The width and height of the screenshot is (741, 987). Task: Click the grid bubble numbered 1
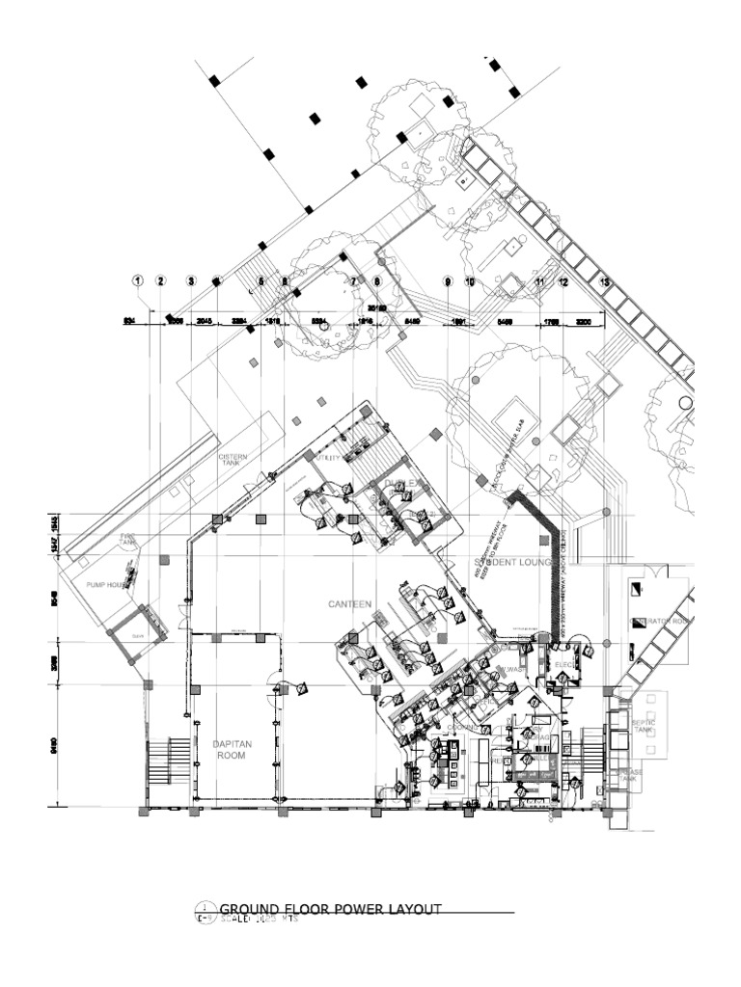[x=138, y=280]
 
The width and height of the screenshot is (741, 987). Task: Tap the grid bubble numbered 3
[x=192, y=280]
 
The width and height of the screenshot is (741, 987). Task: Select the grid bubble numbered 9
[x=448, y=281]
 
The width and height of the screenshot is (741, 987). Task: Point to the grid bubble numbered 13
[x=605, y=281]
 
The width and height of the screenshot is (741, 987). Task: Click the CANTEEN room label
[x=348, y=604]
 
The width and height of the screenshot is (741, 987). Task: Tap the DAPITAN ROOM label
[x=231, y=750]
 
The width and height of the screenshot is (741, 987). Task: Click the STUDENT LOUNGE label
[x=511, y=562]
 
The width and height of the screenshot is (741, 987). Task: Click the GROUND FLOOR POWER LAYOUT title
[x=331, y=909]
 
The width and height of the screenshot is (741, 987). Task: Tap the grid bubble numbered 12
[x=563, y=281]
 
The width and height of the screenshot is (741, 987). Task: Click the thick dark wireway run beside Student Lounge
[x=557, y=569]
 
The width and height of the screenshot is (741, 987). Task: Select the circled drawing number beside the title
[x=205, y=911]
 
